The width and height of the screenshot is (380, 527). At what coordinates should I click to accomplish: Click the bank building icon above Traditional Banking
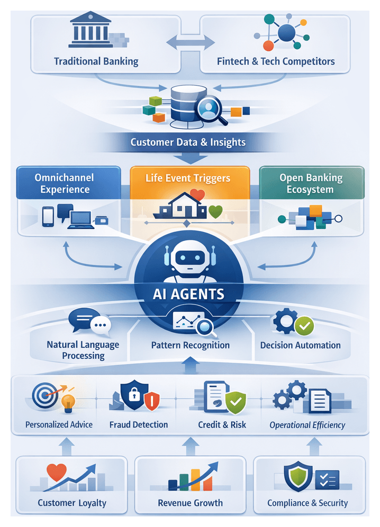[90, 30]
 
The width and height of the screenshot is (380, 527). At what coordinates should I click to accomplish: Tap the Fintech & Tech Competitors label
[276, 61]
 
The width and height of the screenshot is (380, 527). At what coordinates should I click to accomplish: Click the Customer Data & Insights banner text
[188, 142]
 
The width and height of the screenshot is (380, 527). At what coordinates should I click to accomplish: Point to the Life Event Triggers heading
[188, 178]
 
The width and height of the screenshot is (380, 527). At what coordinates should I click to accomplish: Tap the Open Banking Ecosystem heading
[311, 183]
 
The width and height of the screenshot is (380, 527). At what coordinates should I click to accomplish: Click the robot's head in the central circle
[189, 257]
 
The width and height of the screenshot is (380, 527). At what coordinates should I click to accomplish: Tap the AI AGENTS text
[189, 294]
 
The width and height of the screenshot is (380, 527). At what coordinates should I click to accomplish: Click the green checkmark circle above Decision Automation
[304, 326]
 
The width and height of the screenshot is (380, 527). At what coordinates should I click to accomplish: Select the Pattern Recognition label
[190, 345]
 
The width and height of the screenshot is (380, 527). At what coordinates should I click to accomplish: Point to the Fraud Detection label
[139, 424]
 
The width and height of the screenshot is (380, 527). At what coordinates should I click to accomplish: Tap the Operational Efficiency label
[307, 424]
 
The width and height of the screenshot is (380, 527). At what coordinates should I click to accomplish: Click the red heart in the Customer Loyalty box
[57, 470]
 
